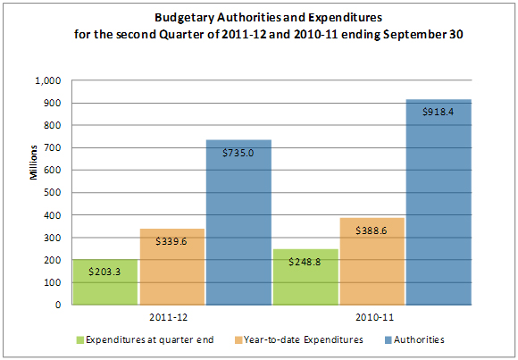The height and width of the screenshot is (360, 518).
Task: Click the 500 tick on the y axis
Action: [52, 193]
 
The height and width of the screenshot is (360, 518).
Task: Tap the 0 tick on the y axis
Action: [56, 305]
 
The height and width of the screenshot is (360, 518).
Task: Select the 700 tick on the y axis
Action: [52, 148]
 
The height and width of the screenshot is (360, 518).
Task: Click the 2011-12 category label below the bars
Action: [173, 316]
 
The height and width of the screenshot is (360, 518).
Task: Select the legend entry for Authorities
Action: [417, 340]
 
